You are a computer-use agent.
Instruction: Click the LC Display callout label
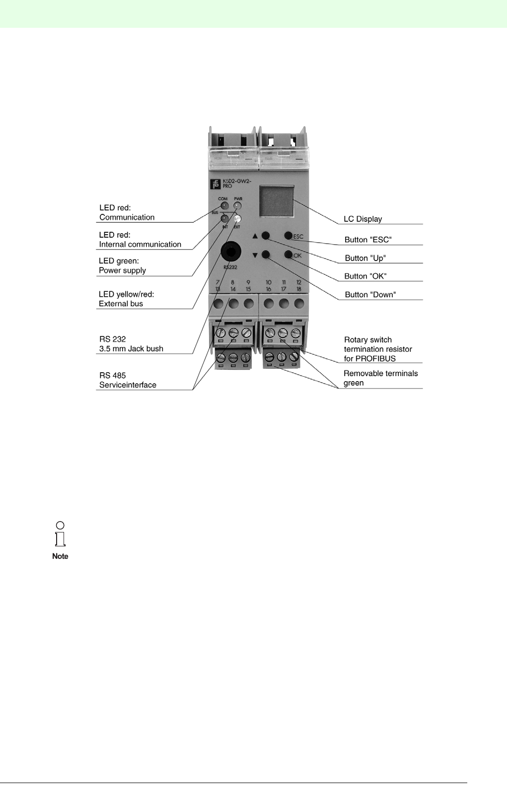click(362, 219)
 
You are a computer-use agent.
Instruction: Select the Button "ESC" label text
click(368, 240)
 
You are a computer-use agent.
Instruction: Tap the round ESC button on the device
click(288, 236)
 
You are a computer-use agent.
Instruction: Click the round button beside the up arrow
click(266, 236)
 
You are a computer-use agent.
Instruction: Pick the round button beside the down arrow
click(266, 255)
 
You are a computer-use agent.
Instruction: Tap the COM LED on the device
click(224, 205)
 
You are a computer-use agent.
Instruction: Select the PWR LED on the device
click(237, 205)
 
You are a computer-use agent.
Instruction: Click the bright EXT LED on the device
click(237, 218)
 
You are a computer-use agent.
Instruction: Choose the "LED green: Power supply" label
click(122, 265)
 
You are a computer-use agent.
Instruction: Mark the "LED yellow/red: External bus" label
click(126, 299)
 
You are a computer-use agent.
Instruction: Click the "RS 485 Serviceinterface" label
click(128, 380)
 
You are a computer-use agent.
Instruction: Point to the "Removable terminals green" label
click(380, 378)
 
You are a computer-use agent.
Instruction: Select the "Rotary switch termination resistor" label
click(378, 349)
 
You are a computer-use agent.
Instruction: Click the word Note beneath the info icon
click(60, 556)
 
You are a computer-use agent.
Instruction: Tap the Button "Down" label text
click(370, 295)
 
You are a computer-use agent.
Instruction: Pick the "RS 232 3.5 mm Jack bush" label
click(131, 344)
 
